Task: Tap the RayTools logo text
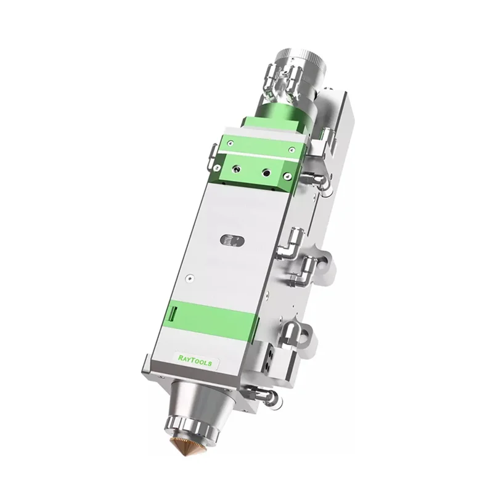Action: click(195, 361)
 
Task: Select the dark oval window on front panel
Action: click(232, 241)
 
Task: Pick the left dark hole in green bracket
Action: click(235, 170)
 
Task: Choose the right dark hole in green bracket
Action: click(267, 173)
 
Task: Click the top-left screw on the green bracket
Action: click(231, 144)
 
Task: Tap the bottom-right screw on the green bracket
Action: click(286, 177)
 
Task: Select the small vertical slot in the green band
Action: click(173, 313)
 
